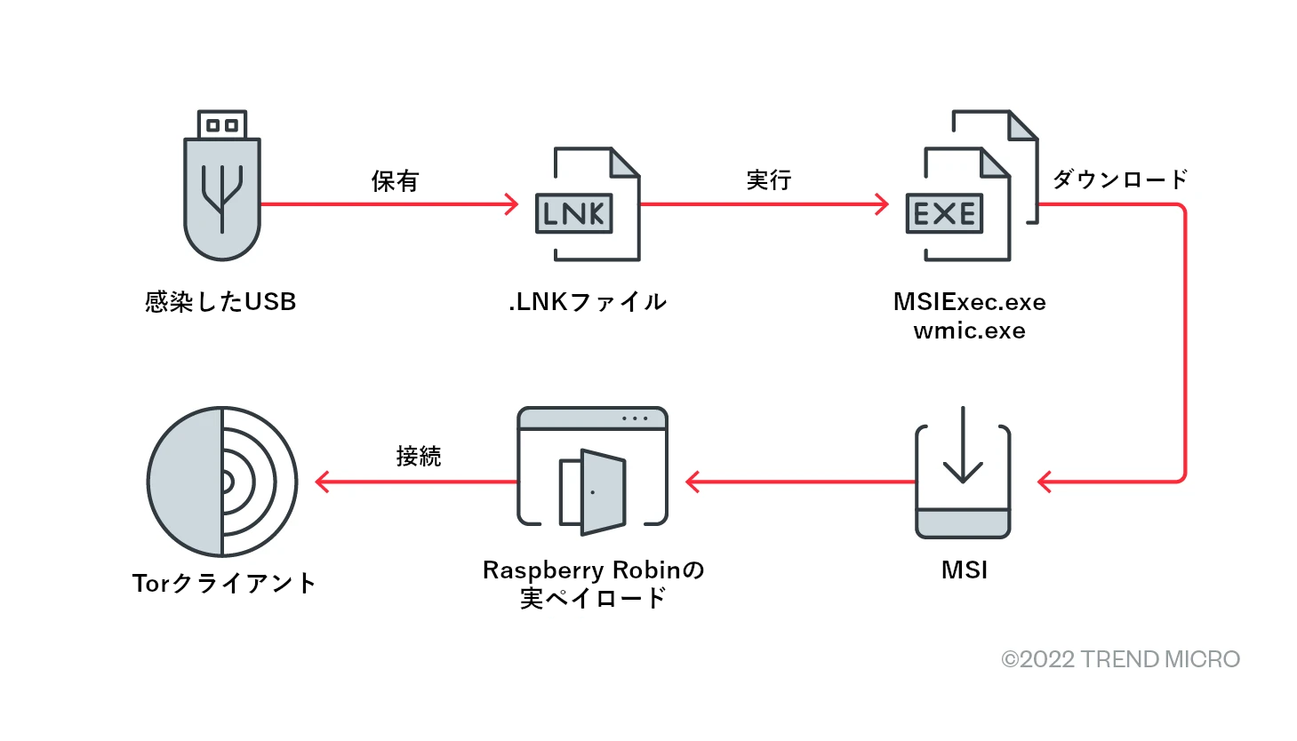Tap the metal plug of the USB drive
point(221,124)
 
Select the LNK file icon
point(587,204)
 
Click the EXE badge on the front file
point(944,213)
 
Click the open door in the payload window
point(603,491)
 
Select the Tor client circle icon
point(222,482)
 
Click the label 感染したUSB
point(220,302)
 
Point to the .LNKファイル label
point(588,302)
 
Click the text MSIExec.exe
point(969,302)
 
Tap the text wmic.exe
point(969,331)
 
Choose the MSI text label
point(965,570)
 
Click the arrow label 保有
point(395,181)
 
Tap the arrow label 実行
point(769,180)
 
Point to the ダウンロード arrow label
point(1120,179)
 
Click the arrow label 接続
point(419,457)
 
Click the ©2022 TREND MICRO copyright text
point(1120,659)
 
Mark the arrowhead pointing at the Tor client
point(322,482)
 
